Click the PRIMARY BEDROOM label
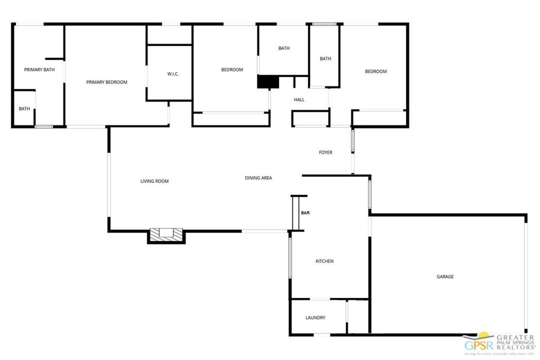(x=107, y=82)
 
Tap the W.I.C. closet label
(x=173, y=74)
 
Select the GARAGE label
(x=445, y=277)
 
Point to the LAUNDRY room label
(x=315, y=318)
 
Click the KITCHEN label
(x=324, y=261)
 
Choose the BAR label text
(x=305, y=213)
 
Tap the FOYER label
(x=325, y=153)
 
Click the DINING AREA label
(x=258, y=178)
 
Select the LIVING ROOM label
(x=154, y=181)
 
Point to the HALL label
(x=299, y=100)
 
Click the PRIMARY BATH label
(x=40, y=70)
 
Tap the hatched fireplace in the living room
(x=166, y=235)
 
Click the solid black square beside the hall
(x=267, y=82)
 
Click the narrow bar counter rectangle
(x=295, y=213)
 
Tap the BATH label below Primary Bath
(x=24, y=109)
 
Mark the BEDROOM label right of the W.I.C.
(x=232, y=70)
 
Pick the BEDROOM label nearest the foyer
(x=376, y=72)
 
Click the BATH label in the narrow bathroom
(x=325, y=59)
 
